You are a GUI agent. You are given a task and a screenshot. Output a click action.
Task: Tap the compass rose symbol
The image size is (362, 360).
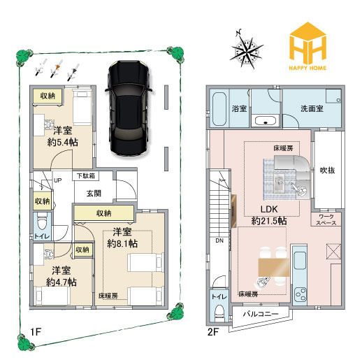pyautogui.click(x=249, y=50)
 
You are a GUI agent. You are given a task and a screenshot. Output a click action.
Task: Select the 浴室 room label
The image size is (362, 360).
pyautogui.click(x=240, y=108)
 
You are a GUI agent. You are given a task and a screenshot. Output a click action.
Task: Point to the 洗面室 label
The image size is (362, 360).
pyautogui.click(x=312, y=108)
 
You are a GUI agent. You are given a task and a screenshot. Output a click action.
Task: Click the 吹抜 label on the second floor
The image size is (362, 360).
pyautogui.click(x=327, y=170)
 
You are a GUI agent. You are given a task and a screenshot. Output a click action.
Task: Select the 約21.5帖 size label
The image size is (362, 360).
pyautogui.click(x=269, y=221)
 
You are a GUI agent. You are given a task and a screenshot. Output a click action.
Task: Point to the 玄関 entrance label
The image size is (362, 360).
pyautogui.click(x=94, y=192)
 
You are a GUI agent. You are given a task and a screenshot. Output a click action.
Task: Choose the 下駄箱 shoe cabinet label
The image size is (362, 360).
pyautogui.click(x=86, y=175)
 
